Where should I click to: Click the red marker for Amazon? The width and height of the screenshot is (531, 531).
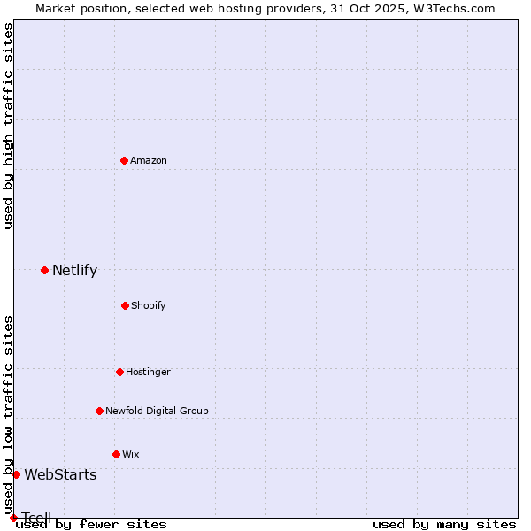click(124, 160)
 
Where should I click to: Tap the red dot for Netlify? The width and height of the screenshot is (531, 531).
click(44, 270)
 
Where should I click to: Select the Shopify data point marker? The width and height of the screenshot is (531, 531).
click(125, 305)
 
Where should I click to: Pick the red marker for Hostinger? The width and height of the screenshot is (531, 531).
click(119, 372)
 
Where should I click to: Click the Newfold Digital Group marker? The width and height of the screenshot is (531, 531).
click(99, 411)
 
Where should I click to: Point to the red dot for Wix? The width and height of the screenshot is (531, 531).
click(116, 454)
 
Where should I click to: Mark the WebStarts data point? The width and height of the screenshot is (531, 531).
click(16, 474)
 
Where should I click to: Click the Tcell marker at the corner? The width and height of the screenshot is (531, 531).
click(13, 518)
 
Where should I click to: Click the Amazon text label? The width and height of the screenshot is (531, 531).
click(149, 160)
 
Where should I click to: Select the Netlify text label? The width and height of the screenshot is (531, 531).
click(74, 270)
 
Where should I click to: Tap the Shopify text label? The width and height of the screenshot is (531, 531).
click(149, 305)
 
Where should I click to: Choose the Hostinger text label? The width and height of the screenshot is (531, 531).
click(148, 372)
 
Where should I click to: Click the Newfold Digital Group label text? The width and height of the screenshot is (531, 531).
click(157, 411)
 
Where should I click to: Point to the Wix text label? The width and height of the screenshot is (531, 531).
click(131, 454)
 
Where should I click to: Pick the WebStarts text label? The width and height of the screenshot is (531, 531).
click(60, 474)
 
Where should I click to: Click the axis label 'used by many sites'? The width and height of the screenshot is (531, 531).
click(444, 524)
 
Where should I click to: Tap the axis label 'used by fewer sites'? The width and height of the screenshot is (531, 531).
click(91, 524)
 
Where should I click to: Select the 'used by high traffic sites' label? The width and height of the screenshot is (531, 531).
click(8, 126)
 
